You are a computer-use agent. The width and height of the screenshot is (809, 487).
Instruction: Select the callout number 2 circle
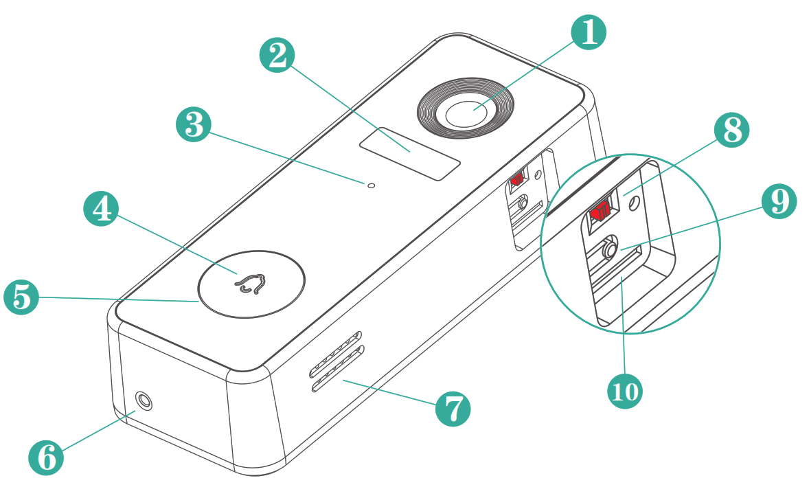click(x=277, y=54)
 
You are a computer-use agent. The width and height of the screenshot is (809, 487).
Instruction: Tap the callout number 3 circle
click(x=194, y=126)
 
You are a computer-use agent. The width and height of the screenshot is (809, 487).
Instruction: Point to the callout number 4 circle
click(x=101, y=207)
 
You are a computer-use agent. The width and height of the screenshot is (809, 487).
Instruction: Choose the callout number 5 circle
click(x=21, y=297)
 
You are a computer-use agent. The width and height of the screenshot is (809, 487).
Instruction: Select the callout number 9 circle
click(x=779, y=201)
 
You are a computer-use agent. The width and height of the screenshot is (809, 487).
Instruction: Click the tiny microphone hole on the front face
click(x=372, y=185)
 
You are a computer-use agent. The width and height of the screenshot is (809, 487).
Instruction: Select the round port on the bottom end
click(x=144, y=400)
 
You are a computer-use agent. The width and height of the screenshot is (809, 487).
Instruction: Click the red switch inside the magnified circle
click(x=600, y=210)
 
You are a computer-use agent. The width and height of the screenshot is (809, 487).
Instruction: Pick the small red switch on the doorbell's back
click(x=516, y=179)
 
